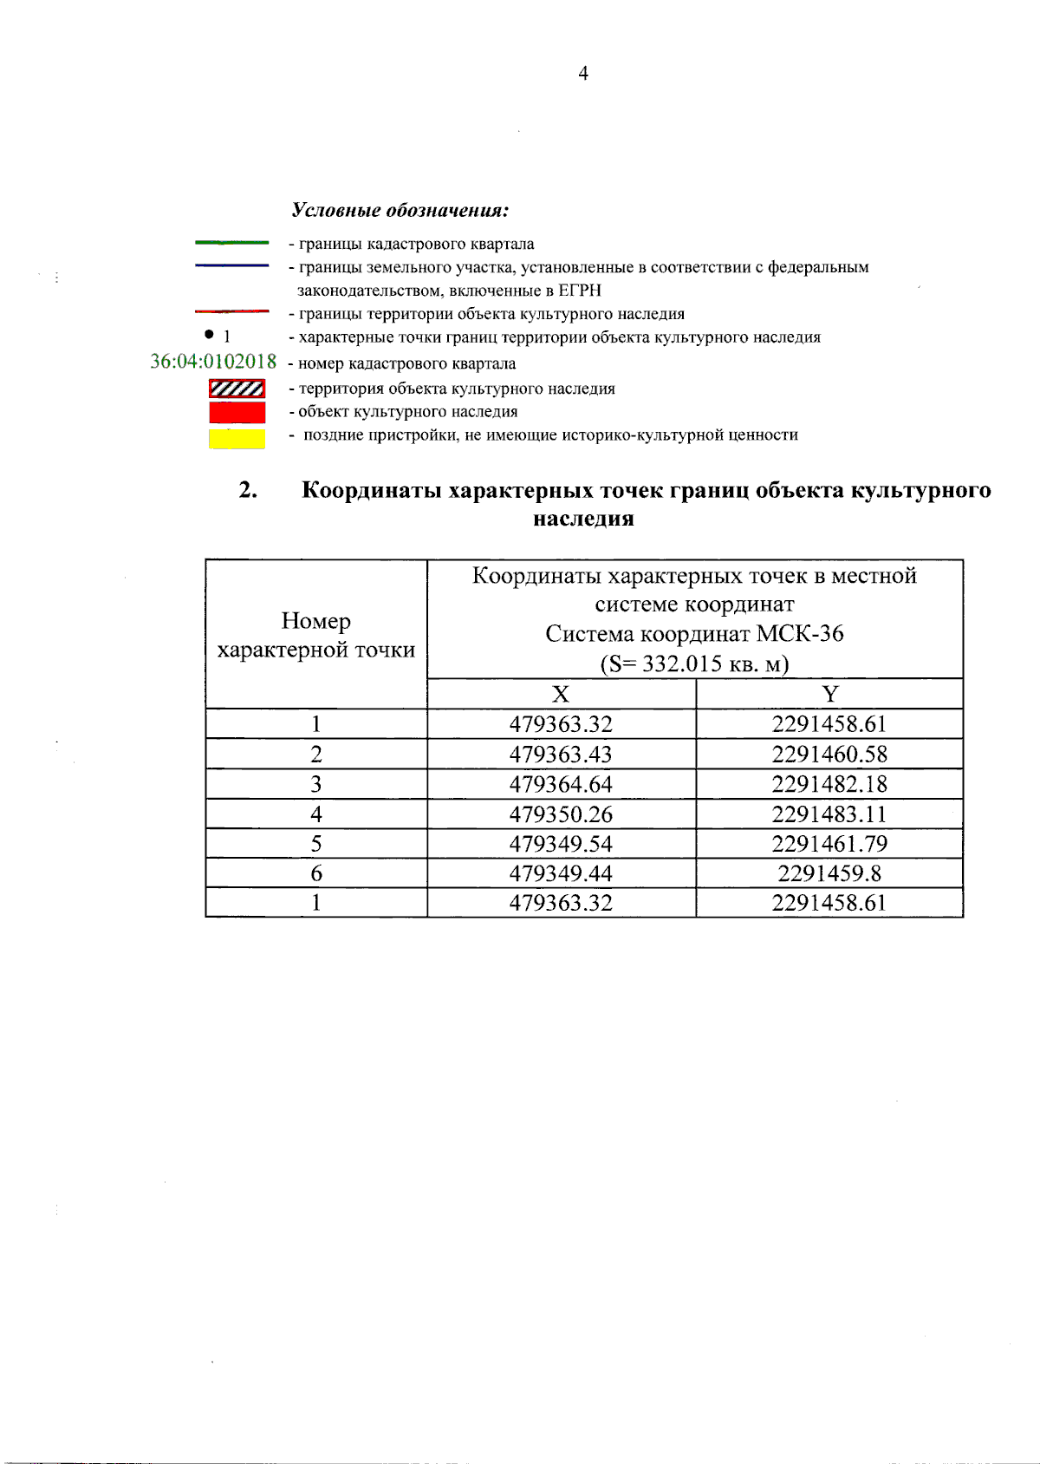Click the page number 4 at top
coord(583,74)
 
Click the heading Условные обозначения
coord(400,211)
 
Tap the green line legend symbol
coord(231,243)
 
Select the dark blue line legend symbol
coord(231,265)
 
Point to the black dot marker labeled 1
coord(209,334)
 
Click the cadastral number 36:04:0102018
coord(213,362)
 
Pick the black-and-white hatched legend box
coord(237,389)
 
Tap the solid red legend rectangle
coord(237,412)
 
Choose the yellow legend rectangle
coord(237,438)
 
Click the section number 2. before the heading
coord(248,490)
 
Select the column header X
coord(561,695)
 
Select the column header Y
coord(830,695)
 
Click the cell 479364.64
coord(561,784)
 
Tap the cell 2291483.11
coord(829,814)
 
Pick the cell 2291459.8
coord(829,873)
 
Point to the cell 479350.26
coord(561,814)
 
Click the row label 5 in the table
coord(316,844)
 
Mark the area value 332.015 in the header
coord(682,664)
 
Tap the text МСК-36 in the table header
coord(800,634)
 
